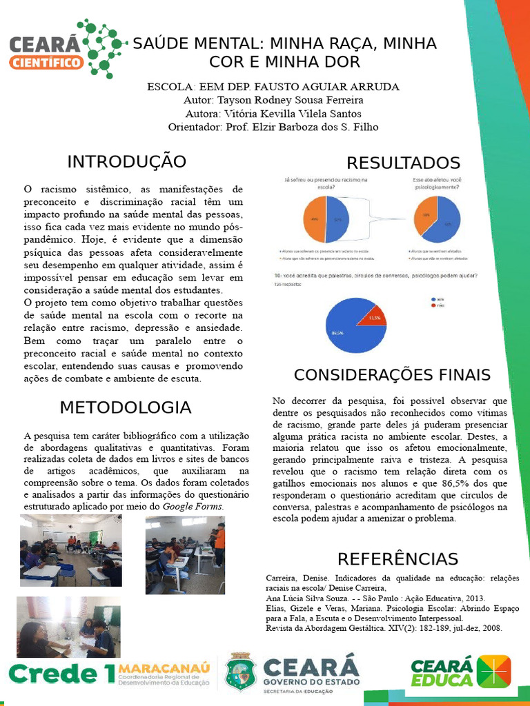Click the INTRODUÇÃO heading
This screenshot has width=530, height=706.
(x=126, y=162)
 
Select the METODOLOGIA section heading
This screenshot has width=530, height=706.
(x=125, y=407)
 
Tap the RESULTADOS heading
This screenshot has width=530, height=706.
(x=403, y=163)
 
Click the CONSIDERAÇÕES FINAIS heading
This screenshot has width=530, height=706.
(x=392, y=375)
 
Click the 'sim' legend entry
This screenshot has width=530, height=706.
(x=439, y=300)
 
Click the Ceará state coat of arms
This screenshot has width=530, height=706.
(x=241, y=672)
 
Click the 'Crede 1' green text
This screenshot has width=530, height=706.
(x=61, y=674)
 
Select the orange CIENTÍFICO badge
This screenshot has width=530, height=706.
(x=47, y=63)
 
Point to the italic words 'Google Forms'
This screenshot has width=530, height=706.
(x=193, y=506)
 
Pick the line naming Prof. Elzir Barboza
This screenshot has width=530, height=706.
(x=273, y=127)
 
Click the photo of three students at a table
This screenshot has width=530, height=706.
(x=68, y=627)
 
